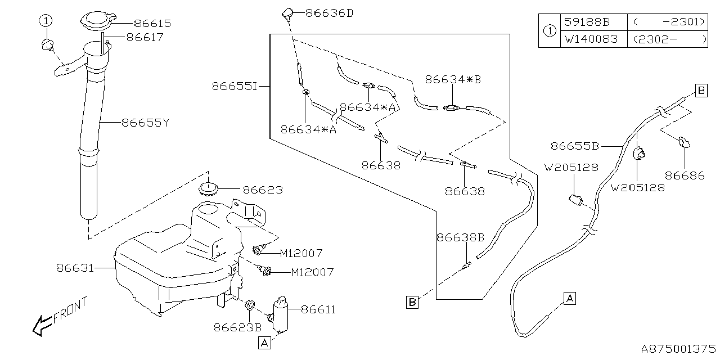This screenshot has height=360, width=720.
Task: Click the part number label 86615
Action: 152,24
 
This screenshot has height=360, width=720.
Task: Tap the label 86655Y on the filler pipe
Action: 145,121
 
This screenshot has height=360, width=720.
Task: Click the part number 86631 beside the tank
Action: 74,268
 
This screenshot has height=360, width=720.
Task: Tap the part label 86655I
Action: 234,86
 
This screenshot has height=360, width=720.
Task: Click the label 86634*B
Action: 453,80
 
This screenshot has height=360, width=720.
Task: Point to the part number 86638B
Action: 460,237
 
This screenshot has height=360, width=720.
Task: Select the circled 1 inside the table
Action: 549,31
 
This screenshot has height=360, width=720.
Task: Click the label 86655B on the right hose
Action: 574,146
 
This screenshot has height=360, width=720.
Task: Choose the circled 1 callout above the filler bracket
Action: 46,21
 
